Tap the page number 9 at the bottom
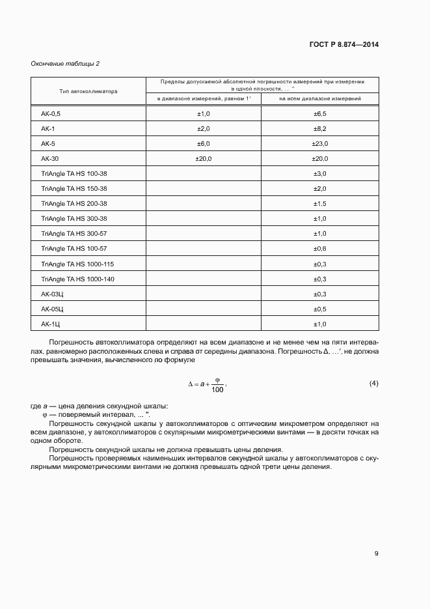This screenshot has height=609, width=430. [x=376, y=554]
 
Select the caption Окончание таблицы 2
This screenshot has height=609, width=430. [x=65, y=63]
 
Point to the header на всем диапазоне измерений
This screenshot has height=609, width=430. [x=319, y=98]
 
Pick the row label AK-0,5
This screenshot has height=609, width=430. [x=50, y=113]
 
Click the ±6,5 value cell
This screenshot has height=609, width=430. [x=319, y=113]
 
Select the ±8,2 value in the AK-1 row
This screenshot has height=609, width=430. [x=319, y=128]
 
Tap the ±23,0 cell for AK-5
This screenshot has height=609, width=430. [x=319, y=143]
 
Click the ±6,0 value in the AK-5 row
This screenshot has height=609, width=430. [x=204, y=143]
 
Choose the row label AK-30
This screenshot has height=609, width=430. [x=50, y=158]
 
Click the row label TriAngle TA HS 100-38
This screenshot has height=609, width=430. [x=74, y=173]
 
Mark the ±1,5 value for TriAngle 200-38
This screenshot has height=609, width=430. [x=319, y=203]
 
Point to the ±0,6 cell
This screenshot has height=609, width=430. [x=319, y=248]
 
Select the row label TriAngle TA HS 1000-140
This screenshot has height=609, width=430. [x=77, y=279]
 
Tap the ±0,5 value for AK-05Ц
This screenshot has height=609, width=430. [x=319, y=309]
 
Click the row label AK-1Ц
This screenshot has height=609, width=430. [x=51, y=324]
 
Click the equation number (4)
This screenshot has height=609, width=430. [x=373, y=383]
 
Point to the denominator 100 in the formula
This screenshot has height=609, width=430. [x=217, y=390]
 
